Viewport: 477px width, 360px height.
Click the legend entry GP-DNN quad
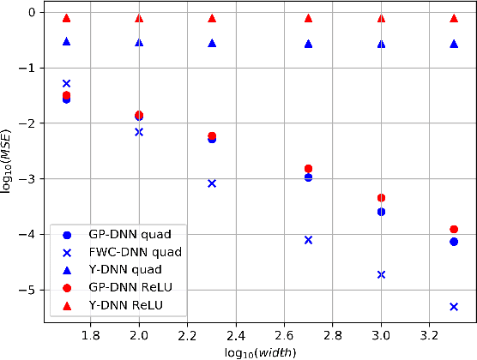pos(128,234)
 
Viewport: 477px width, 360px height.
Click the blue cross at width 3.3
pos(454,306)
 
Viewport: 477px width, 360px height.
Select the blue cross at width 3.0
pos(381,274)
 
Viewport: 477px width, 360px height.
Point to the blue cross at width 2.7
pos(308,240)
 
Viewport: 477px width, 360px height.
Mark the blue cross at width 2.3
pos(212,183)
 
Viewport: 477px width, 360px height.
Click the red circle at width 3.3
pos(454,230)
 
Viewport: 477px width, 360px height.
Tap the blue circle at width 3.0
pos(381,212)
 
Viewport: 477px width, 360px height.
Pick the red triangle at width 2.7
pos(308,18)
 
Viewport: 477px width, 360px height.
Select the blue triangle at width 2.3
pos(212,43)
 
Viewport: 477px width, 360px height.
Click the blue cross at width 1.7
pos(66,83)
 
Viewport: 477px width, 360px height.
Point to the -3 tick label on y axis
pos(28,179)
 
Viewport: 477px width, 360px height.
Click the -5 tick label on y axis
pos(28,291)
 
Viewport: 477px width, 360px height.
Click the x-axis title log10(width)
pos(260,352)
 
